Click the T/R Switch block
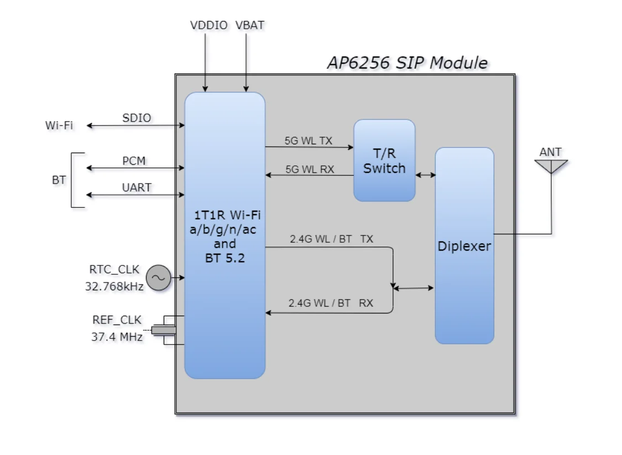click(x=384, y=160)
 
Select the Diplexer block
click(x=464, y=245)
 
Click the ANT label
click(x=550, y=151)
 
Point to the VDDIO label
click(x=208, y=25)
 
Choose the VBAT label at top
click(x=249, y=25)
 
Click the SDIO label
click(x=137, y=118)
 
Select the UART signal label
click(x=137, y=187)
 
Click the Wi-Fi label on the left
click(x=59, y=125)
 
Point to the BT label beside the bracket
click(x=59, y=180)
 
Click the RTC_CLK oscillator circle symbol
click(x=158, y=278)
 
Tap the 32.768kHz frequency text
click(x=113, y=286)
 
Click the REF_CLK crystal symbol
click(x=164, y=330)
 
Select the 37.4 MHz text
click(x=117, y=336)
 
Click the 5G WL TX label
click(x=309, y=140)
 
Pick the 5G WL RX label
click(x=310, y=169)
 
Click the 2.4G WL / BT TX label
click(x=331, y=239)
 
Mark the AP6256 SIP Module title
click(x=407, y=62)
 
